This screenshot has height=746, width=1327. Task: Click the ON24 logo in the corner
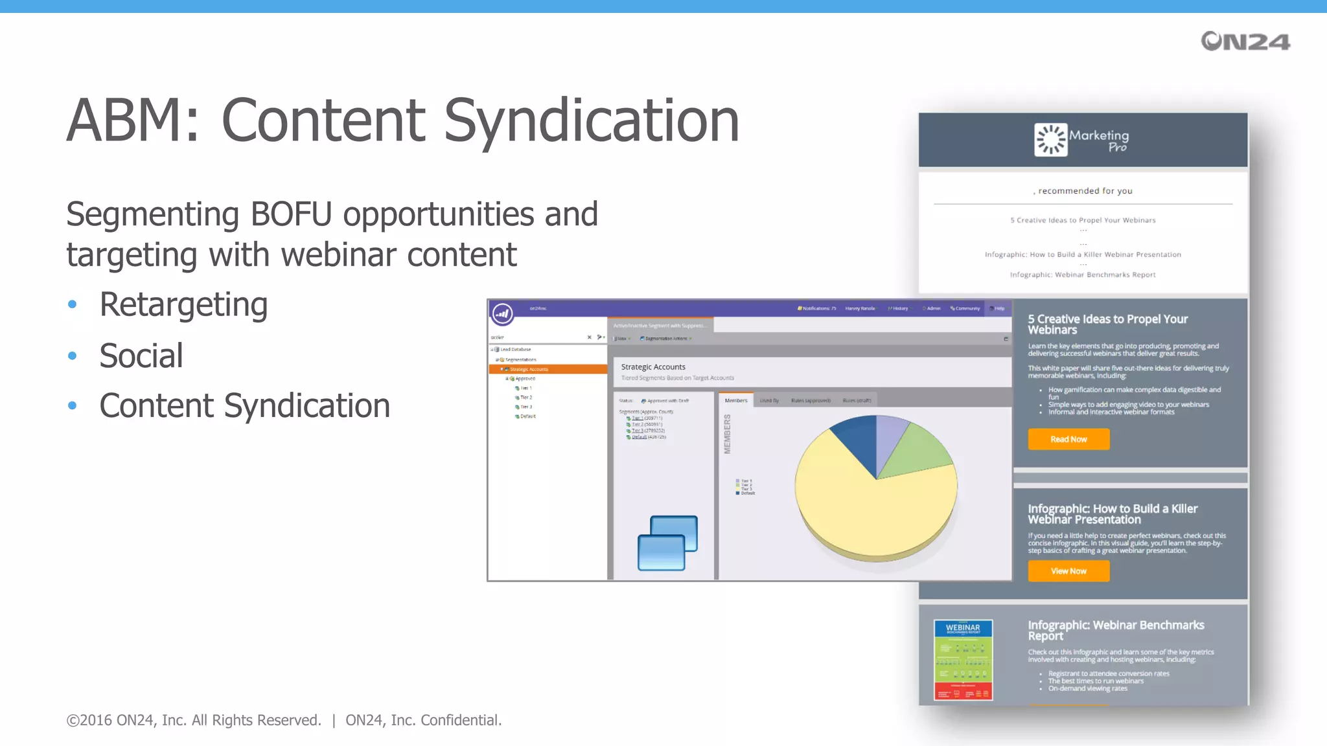coord(1245,41)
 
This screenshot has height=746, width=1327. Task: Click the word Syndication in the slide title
coord(591,121)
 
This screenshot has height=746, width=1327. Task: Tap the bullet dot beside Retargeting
coord(73,304)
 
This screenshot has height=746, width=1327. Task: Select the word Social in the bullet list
coord(141,356)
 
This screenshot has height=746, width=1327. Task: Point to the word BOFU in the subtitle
coord(291,214)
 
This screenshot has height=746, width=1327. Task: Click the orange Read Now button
coord(1068,439)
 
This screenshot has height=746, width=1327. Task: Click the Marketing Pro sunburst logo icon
coord(1050,139)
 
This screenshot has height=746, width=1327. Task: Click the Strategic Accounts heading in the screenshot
coord(653,367)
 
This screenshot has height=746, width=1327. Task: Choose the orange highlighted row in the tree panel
coord(548,369)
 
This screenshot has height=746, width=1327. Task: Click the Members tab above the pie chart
coord(736,400)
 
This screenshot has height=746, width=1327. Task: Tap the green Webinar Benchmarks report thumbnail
coord(963,659)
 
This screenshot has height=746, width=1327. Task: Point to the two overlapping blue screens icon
coord(667,543)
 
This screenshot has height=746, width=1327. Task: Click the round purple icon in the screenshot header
coord(502,313)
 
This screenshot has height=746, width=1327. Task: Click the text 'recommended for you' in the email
coord(1085,191)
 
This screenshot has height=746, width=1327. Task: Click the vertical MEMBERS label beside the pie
coord(728,434)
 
